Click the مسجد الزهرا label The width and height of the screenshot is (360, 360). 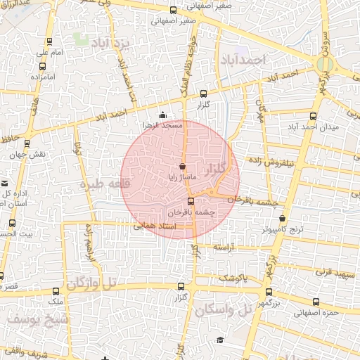click(162, 125)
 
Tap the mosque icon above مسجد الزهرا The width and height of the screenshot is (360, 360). click(163, 115)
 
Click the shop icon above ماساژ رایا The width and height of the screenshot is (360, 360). click(183, 167)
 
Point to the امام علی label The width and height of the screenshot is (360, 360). click(49, 52)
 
